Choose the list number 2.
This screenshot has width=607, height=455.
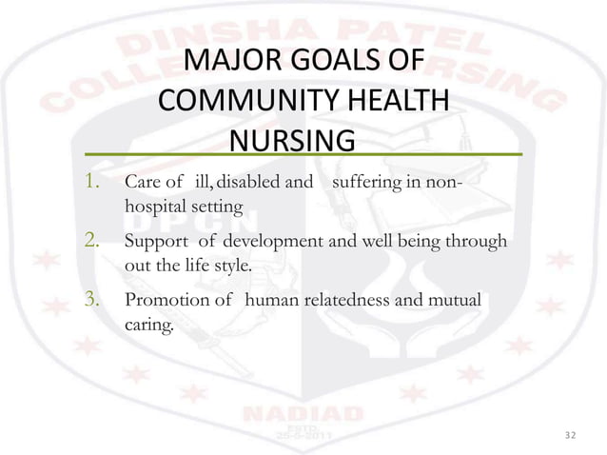coord(92,242)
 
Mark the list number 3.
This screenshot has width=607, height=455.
coord(92,302)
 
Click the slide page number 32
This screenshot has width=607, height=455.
coord(570,434)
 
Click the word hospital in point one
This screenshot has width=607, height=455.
coord(153,205)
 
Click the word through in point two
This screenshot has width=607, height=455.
coord(476,242)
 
